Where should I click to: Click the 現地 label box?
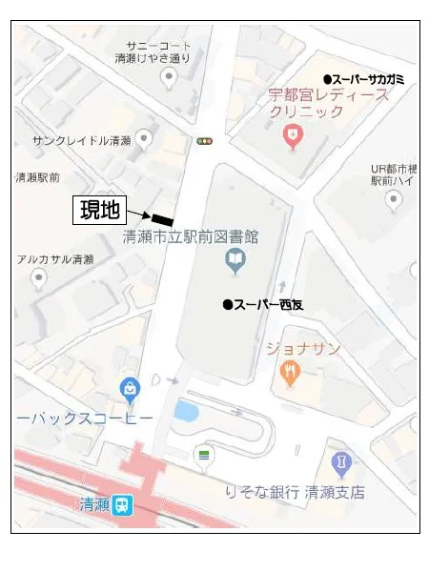pos(98,209)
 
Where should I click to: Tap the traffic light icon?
pos(204,141)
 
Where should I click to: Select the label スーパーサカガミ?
pos(363,79)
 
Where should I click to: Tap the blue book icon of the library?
pos(234,258)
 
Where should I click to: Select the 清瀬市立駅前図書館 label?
pos(191,235)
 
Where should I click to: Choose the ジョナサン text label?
pos(302,348)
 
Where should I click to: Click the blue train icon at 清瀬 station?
pos(122,505)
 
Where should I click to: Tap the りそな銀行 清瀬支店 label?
pos(295,492)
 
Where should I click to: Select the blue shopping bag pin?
pos(130,389)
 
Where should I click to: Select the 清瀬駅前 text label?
pos(38,177)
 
